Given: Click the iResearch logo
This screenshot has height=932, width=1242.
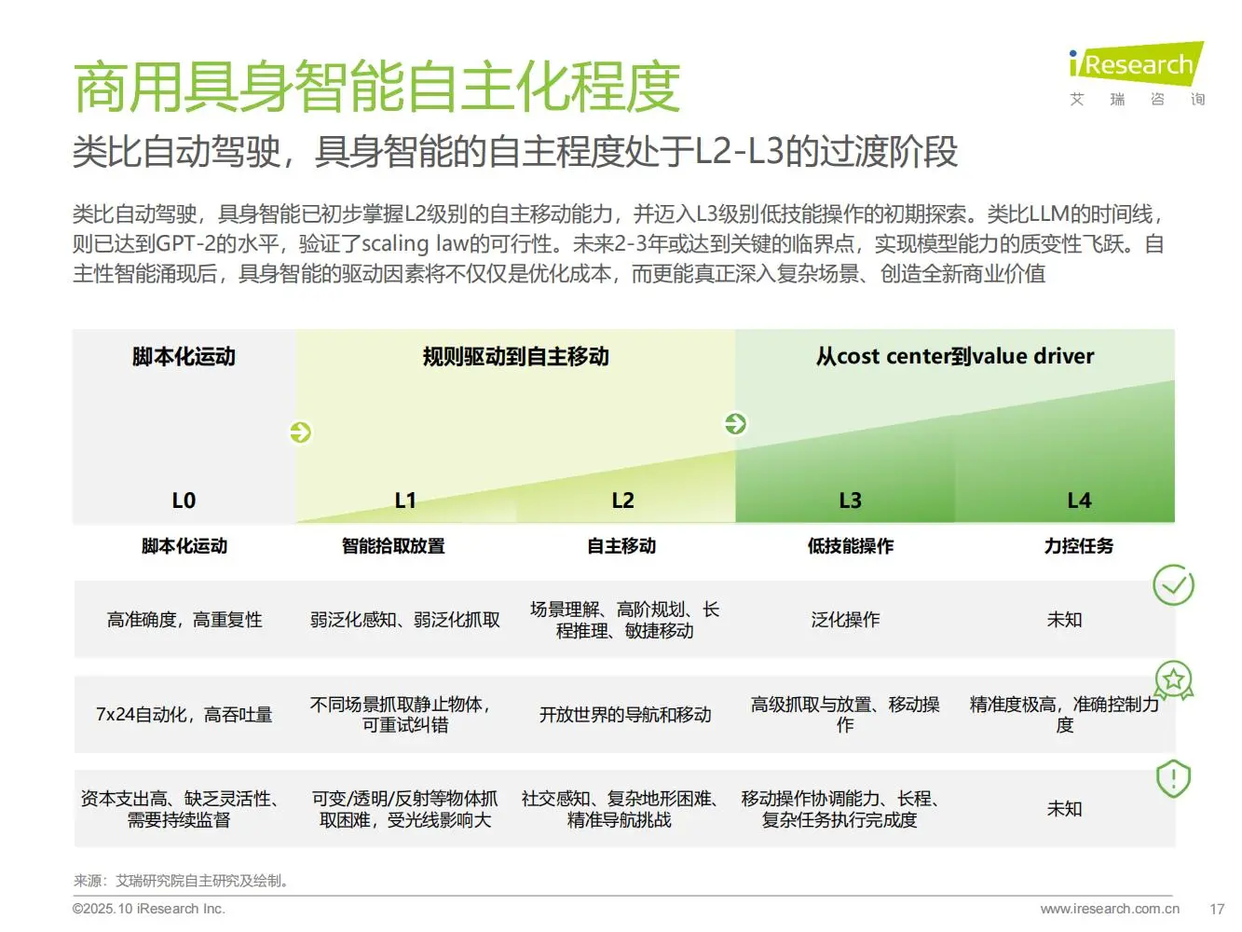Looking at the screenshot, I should (1136, 65).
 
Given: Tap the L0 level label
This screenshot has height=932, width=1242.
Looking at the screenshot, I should (184, 500).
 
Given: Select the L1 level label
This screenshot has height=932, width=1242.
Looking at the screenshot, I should (405, 500).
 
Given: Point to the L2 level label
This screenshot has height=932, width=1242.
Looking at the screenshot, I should (622, 500).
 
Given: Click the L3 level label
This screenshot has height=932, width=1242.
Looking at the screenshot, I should (850, 500).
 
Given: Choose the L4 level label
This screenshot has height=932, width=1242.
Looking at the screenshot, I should (1078, 500).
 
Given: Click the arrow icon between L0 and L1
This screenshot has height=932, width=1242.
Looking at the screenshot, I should (300, 432).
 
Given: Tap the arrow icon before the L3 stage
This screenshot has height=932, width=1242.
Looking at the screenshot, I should (735, 424).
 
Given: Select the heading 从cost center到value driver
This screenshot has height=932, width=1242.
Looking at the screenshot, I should (955, 356).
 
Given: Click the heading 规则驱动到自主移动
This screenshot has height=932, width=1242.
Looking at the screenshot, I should (515, 356).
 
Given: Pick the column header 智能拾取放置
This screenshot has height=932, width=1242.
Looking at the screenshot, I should (393, 546).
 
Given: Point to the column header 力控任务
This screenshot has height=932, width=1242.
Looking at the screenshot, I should (1078, 546).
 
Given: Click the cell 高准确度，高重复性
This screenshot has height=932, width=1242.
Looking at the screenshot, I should (184, 620).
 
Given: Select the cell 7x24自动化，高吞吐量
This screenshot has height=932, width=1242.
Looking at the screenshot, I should (184, 715).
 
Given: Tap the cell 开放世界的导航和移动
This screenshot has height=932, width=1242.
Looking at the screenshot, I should (624, 715).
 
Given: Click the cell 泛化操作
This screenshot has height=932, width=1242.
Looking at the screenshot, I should (845, 620).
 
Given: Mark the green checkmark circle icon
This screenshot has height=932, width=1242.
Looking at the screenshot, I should (1173, 585).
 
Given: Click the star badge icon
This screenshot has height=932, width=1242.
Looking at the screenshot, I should (1174, 680).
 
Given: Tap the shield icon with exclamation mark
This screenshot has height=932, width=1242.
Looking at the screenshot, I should (1173, 778).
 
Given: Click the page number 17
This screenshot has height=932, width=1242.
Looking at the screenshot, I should (1217, 909).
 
